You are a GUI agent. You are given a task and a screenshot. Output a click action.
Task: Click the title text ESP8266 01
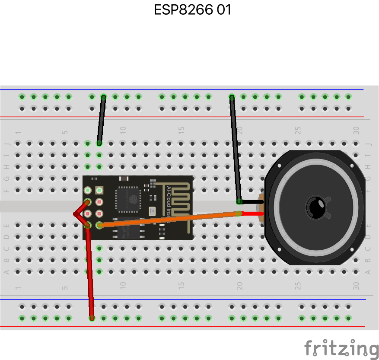pyautogui.click(x=192, y=10)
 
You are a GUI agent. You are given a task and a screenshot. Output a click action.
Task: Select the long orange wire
pyautogui.click(x=169, y=219)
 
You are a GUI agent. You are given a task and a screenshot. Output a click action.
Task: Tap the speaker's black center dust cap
pyautogui.click(x=316, y=207)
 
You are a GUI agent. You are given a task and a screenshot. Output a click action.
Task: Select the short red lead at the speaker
pyautogui.click(x=251, y=213)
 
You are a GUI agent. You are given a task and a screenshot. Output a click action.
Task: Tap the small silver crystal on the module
pyautogui.click(x=152, y=211)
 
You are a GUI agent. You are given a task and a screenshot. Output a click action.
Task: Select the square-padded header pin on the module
pyautogui.click(x=99, y=190)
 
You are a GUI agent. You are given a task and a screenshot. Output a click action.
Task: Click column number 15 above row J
pyautogui.click(x=181, y=129)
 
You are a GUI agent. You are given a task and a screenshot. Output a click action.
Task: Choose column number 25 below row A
pyautogui.click(x=298, y=286)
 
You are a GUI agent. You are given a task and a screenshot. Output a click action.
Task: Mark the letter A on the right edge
pyautogui.click(x=368, y=272)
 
